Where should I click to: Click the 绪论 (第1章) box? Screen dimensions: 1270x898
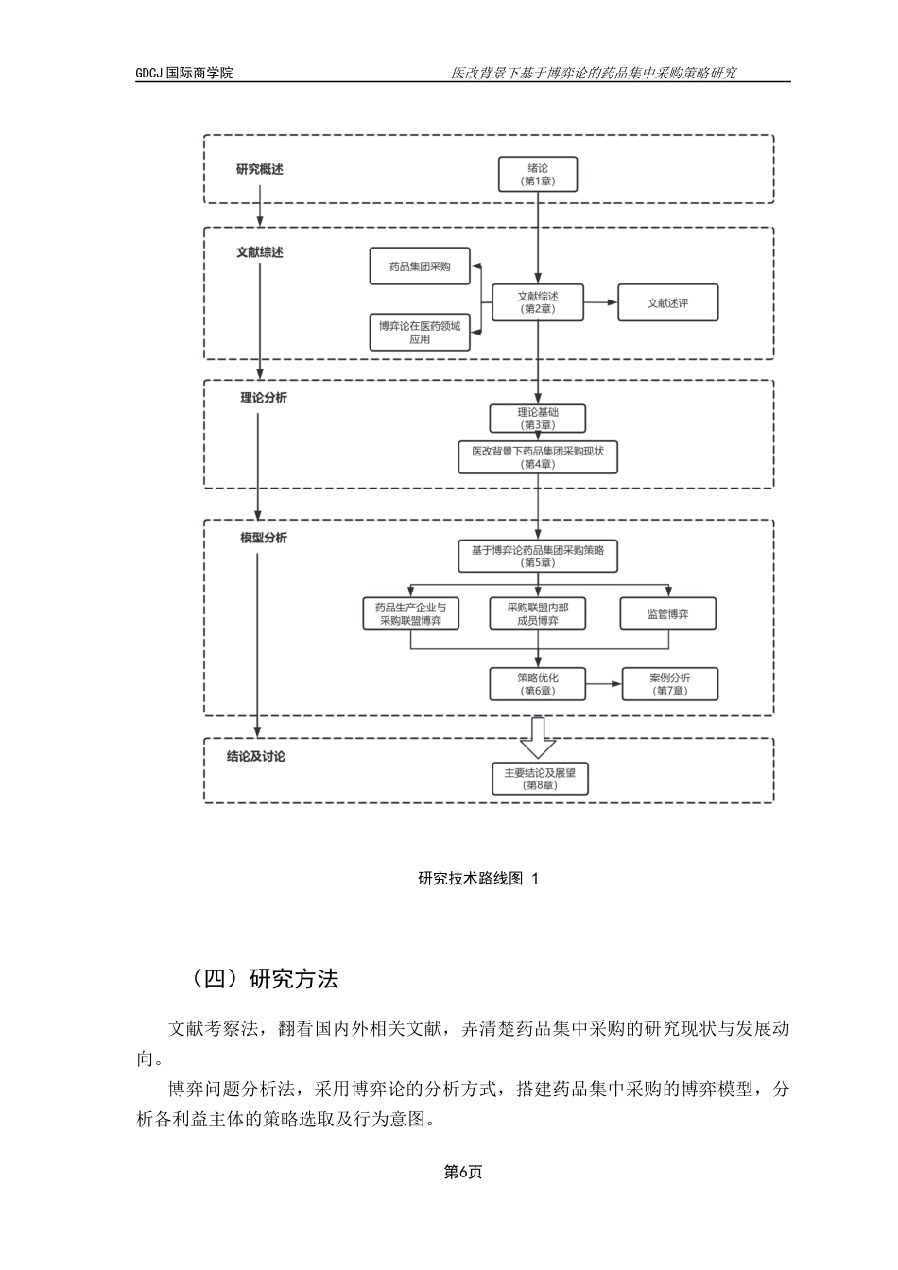(538, 175)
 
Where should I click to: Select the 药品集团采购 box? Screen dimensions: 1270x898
(420, 267)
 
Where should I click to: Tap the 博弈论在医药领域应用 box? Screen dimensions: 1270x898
(420, 333)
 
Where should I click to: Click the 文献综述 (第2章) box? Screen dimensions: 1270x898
(538, 302)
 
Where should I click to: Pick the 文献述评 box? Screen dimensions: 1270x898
(667, 303)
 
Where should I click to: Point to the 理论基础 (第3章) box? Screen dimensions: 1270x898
(538, 419)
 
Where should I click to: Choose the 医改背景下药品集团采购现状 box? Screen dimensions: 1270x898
(538, 457)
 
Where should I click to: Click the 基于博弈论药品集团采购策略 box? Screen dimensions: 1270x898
(538, 556)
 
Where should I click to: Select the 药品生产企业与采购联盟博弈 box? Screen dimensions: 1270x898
(410, 614)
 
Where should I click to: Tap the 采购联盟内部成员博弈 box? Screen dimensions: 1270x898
(538, 614)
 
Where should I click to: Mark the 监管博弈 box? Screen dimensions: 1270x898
(667, 614)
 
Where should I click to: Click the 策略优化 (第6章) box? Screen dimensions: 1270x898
(538, 684)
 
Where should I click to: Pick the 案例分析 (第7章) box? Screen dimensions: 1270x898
(669, 684)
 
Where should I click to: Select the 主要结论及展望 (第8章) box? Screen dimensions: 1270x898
(539, 779)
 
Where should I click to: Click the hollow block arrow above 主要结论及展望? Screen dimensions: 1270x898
(539, 738)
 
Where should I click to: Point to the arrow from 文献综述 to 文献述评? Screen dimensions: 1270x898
(600, 303)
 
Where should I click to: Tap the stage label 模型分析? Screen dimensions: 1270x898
(263, 538)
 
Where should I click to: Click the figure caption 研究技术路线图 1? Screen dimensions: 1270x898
(477, 879)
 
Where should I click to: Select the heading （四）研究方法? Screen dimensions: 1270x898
(264, 979)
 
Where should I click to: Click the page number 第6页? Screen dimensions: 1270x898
(463, 1172)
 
